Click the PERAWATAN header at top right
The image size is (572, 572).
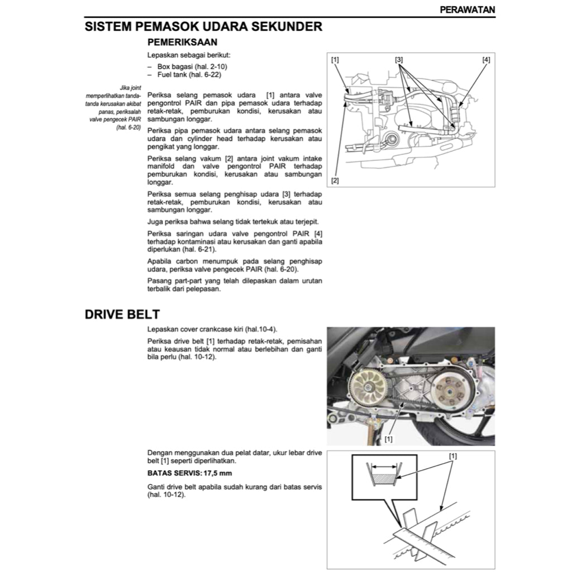click(467, 9)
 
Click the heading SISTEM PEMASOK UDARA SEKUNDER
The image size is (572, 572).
click(203, 26)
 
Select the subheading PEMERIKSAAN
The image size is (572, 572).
click(182, 42)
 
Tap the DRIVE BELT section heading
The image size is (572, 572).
click(122, 314)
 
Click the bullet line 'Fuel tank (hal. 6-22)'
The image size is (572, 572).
click(185, 74)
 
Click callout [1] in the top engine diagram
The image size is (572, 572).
click(335, 59)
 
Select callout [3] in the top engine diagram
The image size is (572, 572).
click(399, 59)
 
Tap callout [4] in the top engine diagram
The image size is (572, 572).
click(486, 59)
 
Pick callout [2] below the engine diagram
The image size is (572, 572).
click(335, 180)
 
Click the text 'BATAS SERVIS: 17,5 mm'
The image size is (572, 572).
click(182, 473)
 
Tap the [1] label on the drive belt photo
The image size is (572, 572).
click(388, 439)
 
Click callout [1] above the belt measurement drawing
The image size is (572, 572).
click(452, 456)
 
